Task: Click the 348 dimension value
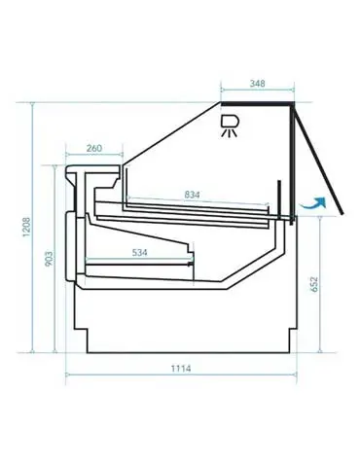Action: (x=257, y=84)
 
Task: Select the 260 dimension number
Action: (x=94, y=148)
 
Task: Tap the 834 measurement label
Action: (x=192, y=195)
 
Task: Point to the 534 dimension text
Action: (x=139, y=252)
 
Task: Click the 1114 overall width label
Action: (x=181, y=369)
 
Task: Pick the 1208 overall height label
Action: (x=26, y=227)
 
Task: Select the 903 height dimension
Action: (x=49, y=259)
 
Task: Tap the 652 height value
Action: (x=314, y=284)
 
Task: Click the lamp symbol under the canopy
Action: (x=230, y=126)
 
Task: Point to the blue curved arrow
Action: (x=313, y=204)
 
